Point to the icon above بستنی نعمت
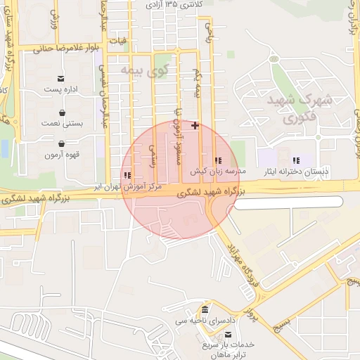(x=63, y=112)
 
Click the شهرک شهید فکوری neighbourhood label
(x=293, y=110)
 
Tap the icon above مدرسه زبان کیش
(x=218, y=160)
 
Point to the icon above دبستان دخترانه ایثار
(x=296, y=160)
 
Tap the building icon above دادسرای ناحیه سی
(x=204, y=310)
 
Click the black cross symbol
(x=195, y=126)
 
